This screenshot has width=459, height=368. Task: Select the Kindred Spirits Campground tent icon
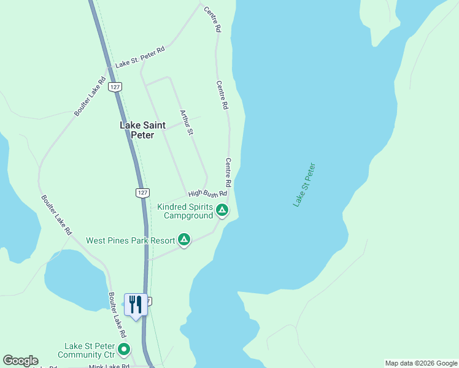(222, 212)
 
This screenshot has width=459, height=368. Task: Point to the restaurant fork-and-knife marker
(136, 304)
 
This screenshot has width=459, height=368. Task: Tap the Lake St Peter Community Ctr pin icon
(125, 350)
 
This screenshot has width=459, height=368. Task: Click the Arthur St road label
(187, 123)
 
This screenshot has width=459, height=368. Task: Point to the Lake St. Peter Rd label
(141, 61)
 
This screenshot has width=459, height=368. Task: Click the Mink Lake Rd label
(109, 366)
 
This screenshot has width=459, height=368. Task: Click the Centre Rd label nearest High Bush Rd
(228, 173)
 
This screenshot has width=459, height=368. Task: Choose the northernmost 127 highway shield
(115, 87)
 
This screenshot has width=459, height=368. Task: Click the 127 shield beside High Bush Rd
(142, 193)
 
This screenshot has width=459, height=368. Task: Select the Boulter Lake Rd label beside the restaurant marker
(117, 315)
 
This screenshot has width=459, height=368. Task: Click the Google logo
(20, 361)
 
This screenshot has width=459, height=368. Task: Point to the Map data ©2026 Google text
(421, 363)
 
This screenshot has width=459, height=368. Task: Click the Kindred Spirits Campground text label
(185, 211)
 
